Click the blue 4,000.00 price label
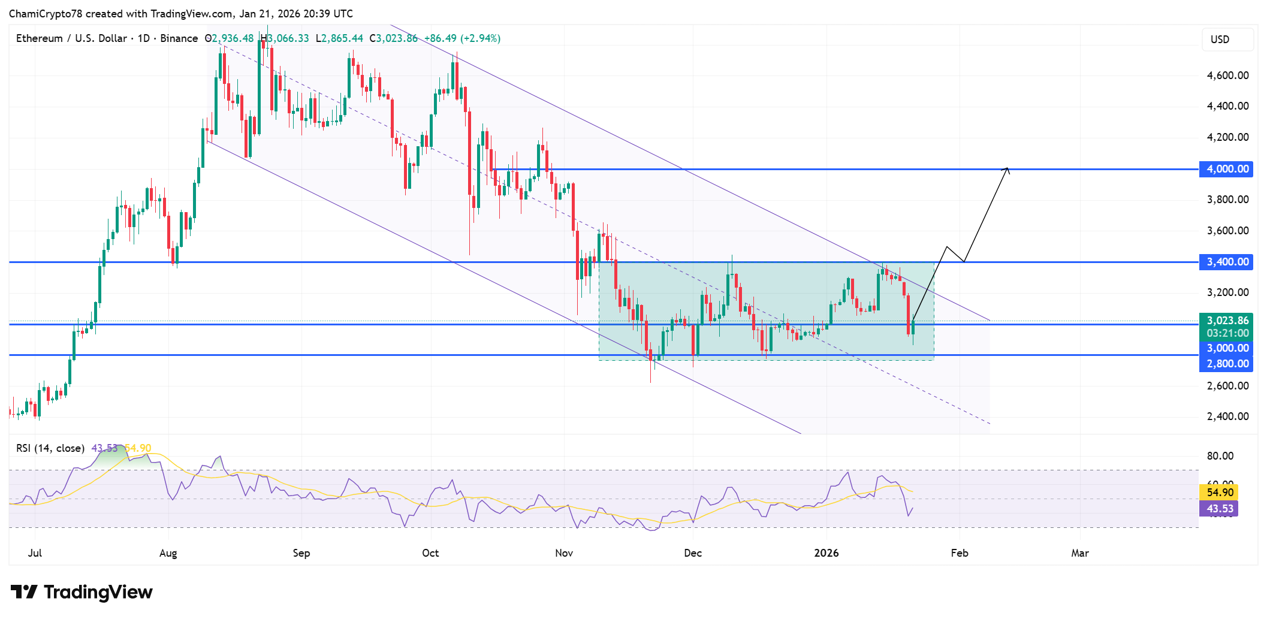1226,169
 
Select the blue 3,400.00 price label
1226,262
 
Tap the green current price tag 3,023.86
1226,321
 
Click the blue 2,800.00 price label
1226,364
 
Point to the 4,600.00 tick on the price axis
1227,76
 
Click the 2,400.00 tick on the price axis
1227,416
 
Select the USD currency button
1220,40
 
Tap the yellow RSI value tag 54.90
1219,493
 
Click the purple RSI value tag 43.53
1219,509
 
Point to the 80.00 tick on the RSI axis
1220,456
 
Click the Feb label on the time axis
959,553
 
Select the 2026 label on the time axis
826,553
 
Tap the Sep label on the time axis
301,553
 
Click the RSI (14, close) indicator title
50,448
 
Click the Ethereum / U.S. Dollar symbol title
72,38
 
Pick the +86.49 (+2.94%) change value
462,38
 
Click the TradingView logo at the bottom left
82,592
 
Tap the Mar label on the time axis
1079,553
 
